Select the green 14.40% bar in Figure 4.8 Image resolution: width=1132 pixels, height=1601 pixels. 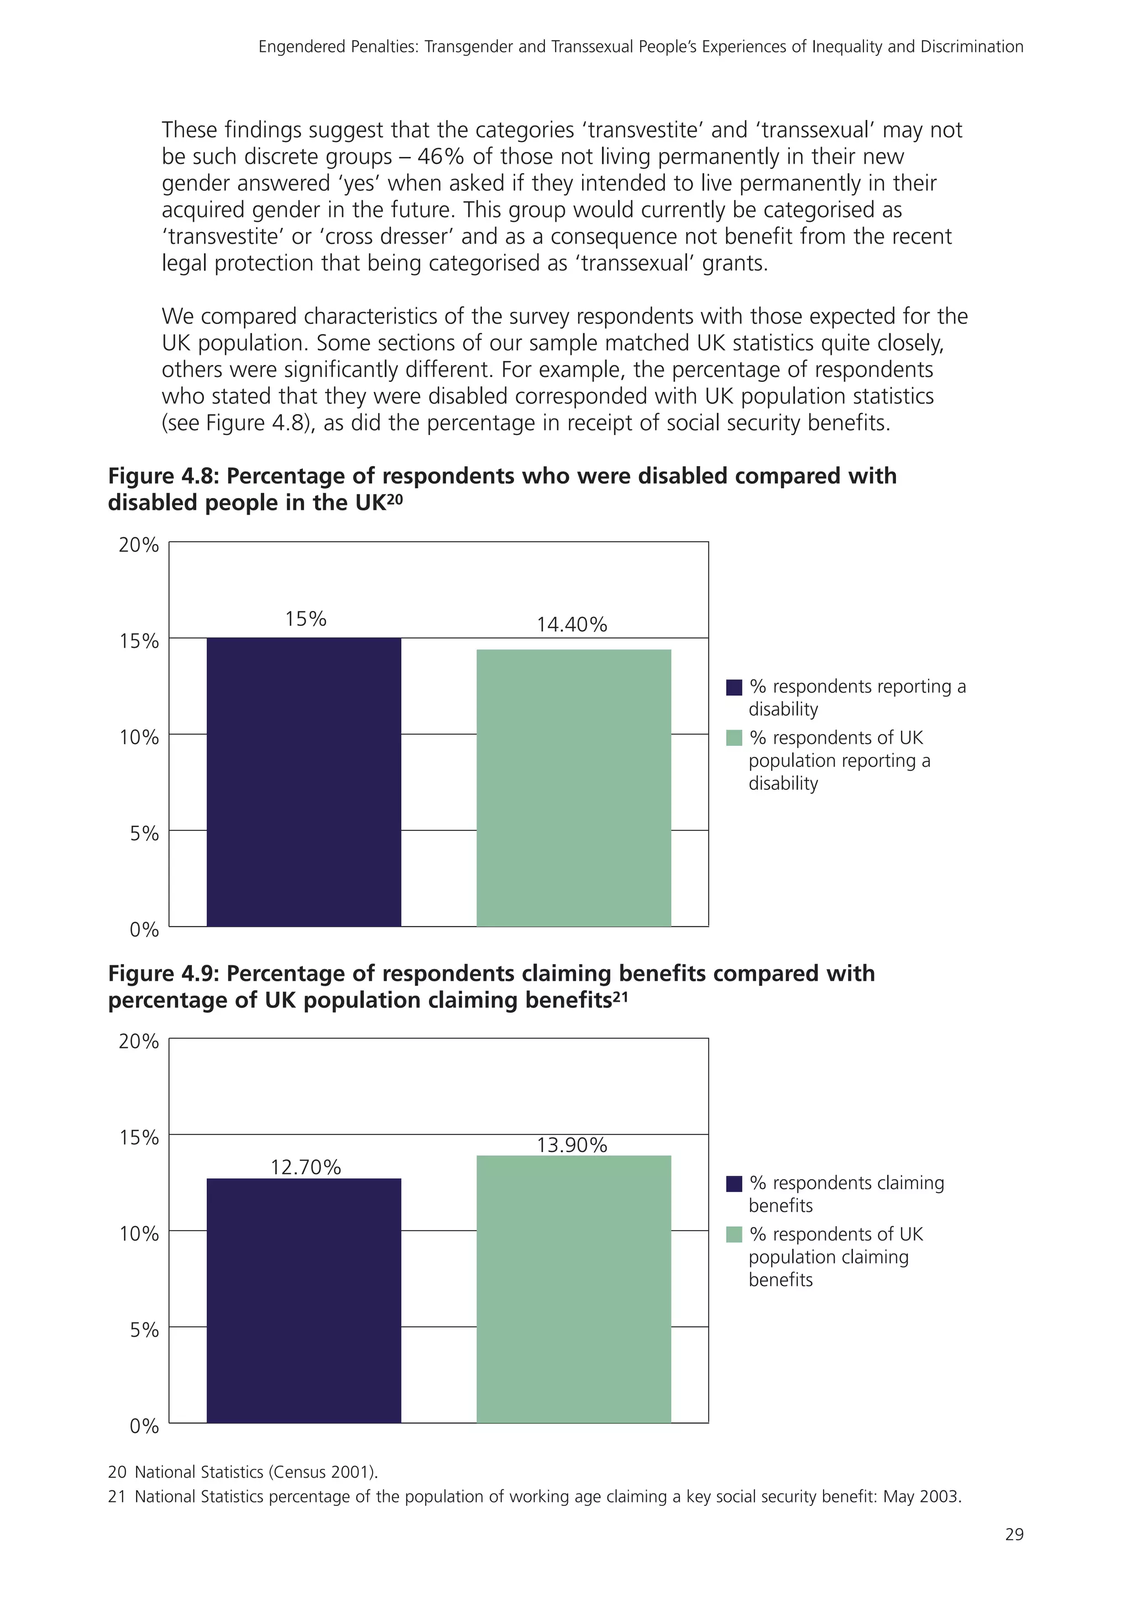[x=573, y=787]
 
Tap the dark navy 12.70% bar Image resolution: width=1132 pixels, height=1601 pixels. [x=304, y=1300]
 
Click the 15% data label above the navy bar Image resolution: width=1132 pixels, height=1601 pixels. [x=305, y=619]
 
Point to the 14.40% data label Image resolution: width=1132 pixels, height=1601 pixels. [x=572, y=625]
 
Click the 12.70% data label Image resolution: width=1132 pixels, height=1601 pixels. [x=305, y=1167]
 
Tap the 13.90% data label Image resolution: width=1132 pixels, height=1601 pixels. [x=572, y=1145]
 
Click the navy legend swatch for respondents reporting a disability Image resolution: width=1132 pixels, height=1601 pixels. [x=734, y=688]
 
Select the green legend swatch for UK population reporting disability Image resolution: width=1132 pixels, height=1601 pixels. [x=734, y=737]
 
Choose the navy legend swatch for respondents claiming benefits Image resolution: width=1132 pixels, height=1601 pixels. [x=734, y=1184]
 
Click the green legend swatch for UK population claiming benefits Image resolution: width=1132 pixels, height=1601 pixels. [x=734, y=1235]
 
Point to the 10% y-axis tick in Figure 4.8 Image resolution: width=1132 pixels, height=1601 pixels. [x=139, y=737]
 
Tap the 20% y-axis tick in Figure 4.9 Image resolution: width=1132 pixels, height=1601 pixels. [x=139, y=1042]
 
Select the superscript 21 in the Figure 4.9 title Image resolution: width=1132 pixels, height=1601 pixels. [x=620, y=995]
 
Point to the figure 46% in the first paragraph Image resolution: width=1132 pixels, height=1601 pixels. [x=441, y=157]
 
